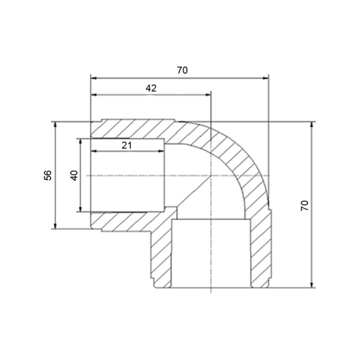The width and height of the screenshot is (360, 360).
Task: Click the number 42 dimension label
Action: pyautogui.click(x=151, y=88)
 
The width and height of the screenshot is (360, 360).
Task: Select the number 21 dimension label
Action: pyautogui.click(x=127, y=146)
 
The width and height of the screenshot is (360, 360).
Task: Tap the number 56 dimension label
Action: pyautogui.click(x=48, y=175)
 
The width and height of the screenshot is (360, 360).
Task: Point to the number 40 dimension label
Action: pyautogui.click(x=75, y=175)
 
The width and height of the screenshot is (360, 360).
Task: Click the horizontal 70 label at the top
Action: pyautogui.click(x=182, y=70)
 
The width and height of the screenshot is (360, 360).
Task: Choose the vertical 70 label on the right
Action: pyautogui.click(x=304, y=206)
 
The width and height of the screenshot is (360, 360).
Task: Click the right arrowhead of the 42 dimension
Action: pyautogui.click(x=208, y=95)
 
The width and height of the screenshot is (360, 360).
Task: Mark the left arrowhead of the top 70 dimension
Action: pyautogui.click(x=94, y=78)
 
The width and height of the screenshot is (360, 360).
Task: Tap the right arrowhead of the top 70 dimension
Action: pyautogui.click(x=265, y=78)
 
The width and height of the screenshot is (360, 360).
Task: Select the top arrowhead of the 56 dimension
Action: pyautogui.click(x=55, y=124)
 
